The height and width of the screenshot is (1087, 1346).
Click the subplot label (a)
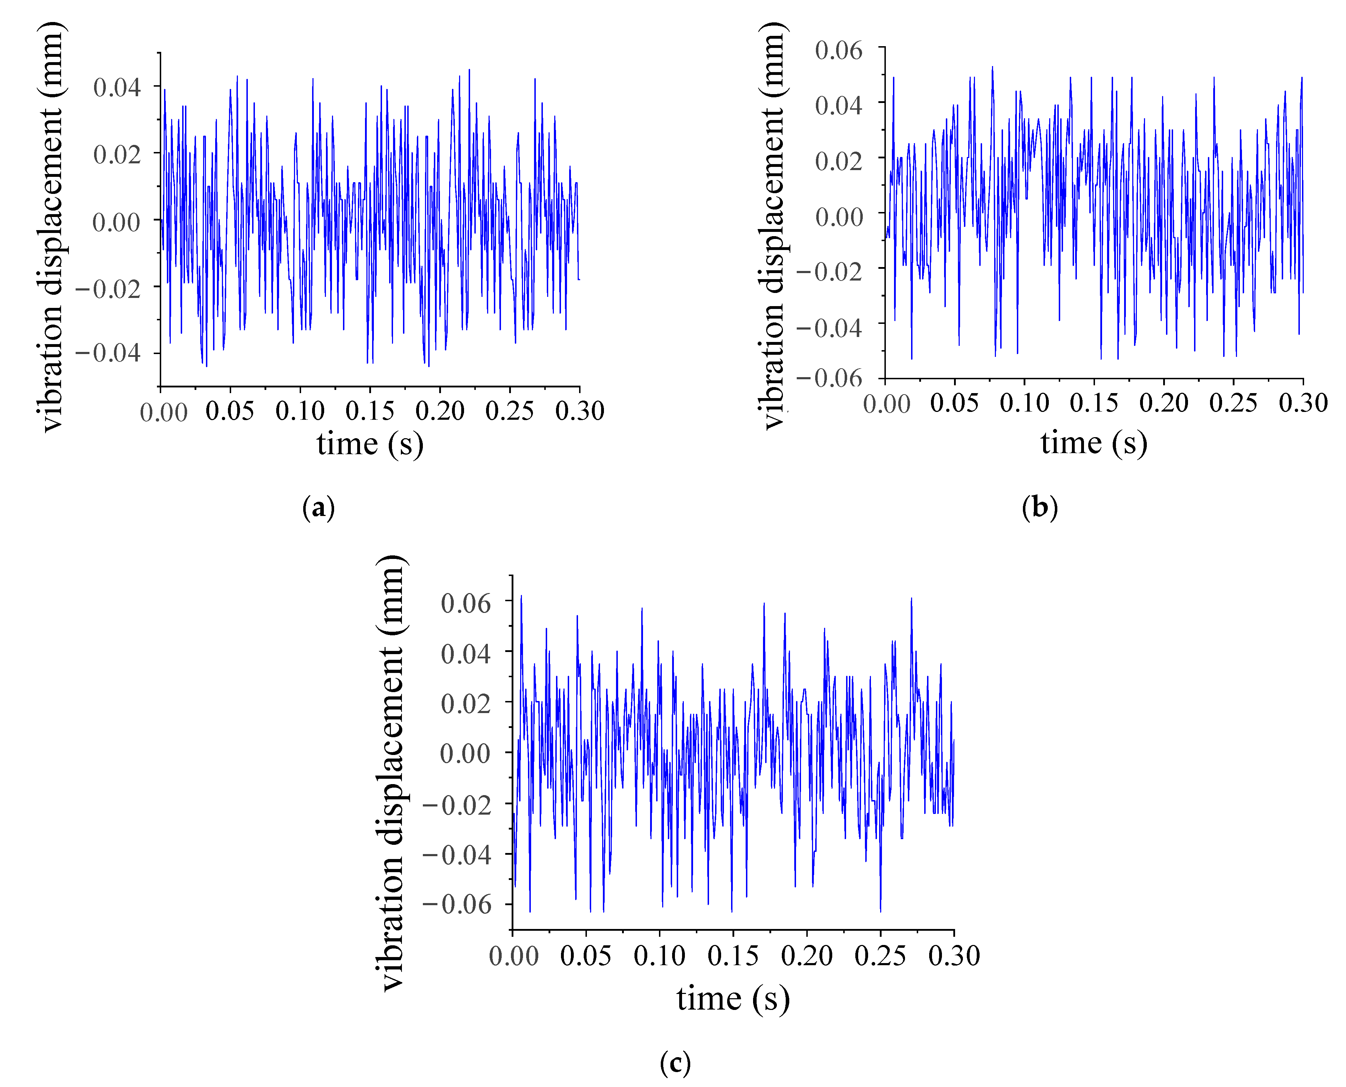pos(318,507)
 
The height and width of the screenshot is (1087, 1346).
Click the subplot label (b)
pos(1039,507)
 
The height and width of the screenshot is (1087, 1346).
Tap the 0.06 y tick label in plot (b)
pos(838,50)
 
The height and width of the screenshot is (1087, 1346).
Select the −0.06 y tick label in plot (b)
pos(829,377)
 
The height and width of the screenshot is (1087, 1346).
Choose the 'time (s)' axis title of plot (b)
pos(1094,443)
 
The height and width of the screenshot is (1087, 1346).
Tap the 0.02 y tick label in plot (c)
pos(466,703)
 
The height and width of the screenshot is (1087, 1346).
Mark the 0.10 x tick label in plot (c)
pos(659,956)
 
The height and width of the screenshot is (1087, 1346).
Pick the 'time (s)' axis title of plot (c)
pos(732,998)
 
